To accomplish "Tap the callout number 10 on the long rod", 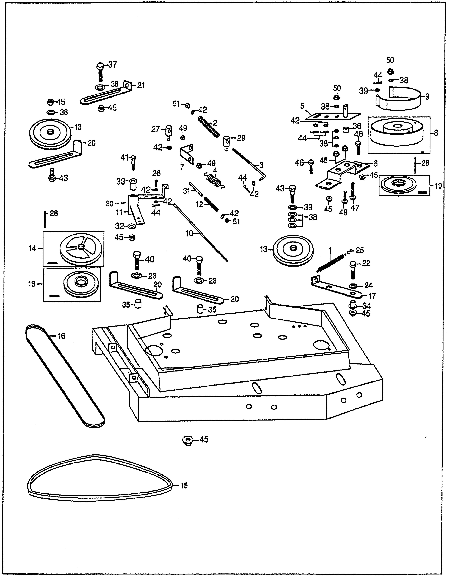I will (189, 234).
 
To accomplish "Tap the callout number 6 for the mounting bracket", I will (375, 164).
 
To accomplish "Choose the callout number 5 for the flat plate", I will (302, 106).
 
